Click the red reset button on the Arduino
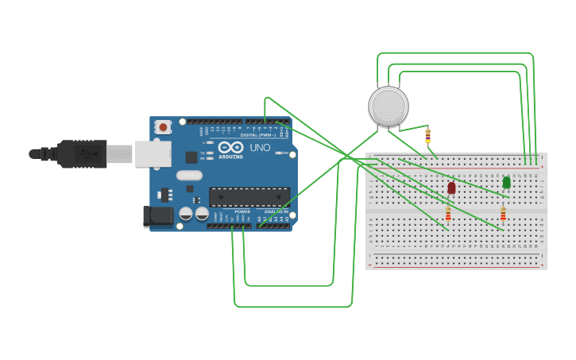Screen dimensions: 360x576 pyautogui.click(x=163, y=126)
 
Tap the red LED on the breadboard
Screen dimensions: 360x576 pyautogui.click(x=451, y=188)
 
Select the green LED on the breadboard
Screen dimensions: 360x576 pyautogui.click(x=506, y=183)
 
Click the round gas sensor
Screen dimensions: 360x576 pyautogui.click(x=389, y=106)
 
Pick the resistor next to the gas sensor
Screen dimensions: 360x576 pyautogui.click(x=428, y=135)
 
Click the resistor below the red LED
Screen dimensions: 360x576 pyautogui.click(x=448, y=213)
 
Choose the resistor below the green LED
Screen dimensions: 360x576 pyautogui.click(x=503, y=213)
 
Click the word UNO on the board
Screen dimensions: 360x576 pyautogui.click(x=260, y=148)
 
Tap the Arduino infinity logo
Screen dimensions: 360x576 pyautogui.click(x=230, y=147)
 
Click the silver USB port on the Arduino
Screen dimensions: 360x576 pyautogui.click(x=153, y=153)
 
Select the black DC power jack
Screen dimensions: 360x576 pyautogui.click(x=157, y=217)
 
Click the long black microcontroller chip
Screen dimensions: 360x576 pyautogui.click(x=249, y=196)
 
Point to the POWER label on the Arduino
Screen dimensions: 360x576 pyautogui.click(x=242, y=211)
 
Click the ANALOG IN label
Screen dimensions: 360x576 pyautogui.click(x=276, y=211)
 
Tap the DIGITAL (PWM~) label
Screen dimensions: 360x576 pyautogui.click(x=258, y=135)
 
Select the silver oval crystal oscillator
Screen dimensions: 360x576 pyautogui.click(x=189, y=175)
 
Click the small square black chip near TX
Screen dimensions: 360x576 pyautogui.click(x=191, y=157)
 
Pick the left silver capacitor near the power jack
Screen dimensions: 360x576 pyautogui.click(x=186, y=214)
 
